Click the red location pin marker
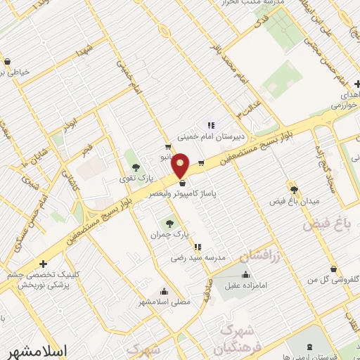181,165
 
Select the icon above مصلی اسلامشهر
164,291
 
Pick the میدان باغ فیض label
295,202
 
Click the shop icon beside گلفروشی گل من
333,269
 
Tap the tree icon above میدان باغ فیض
294,189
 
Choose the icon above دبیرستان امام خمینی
211,126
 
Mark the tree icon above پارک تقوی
135,167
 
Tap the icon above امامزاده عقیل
245,275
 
